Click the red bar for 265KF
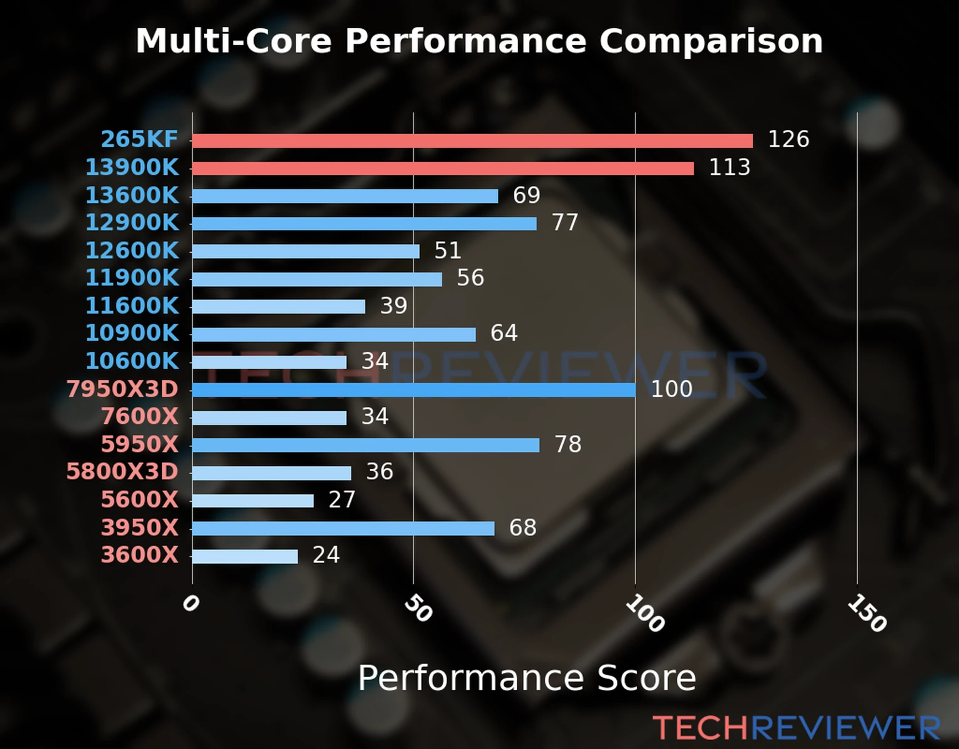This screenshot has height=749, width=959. [x=472, y=140]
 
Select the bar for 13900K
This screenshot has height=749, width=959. [x=443, y=169]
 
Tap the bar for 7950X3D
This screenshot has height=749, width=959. [x=413, y=390]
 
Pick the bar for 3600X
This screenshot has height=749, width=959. [x=245, y=556]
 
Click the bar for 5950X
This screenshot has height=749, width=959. [x=366, y=445]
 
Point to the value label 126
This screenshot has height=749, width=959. [x=788, y=139]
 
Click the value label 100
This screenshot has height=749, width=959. [x=671, y=389]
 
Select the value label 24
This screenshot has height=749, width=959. [x=326, y=555]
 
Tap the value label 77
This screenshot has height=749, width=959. [x=565, y=222]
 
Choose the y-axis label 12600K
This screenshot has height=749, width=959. [x=132, y=250]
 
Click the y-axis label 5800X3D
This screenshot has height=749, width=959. [x=122, y=471]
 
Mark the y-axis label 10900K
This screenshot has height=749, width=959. [x=132, y=333]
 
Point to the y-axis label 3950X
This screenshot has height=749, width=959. [x=140, y=527]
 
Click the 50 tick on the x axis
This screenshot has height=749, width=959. [x=418, y=609]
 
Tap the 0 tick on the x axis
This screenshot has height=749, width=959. [x=190, y=604]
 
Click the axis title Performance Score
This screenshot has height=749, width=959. [x=526, y=678]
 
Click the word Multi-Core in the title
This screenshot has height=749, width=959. [x=233, y=41]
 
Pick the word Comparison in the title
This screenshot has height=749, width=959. [x=711, y=41]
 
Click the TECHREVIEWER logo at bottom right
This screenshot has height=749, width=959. [x=796, y=728]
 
